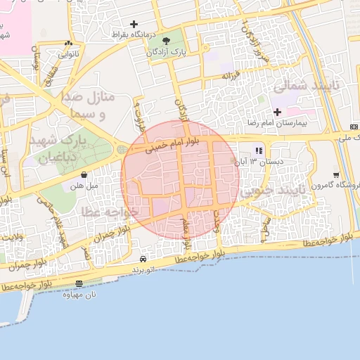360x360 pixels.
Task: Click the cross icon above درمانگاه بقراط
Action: click(x=134, y=25)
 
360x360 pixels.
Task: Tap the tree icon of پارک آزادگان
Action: click(x=167, y=40)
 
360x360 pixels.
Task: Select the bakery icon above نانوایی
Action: click(x=67, y=41)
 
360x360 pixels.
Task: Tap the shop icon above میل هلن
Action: click(x=84, y=174)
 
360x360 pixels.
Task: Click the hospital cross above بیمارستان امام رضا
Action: click(x=277, y=112)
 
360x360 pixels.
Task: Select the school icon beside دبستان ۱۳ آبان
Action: click(x=259, y=150)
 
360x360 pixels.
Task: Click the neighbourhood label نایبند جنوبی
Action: click(x=271, y=190)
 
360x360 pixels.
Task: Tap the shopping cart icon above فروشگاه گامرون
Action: click(x=336, y=175)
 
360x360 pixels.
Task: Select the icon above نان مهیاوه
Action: click(x=79, y=283)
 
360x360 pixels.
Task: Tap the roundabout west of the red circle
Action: click(x=122, y=149)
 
